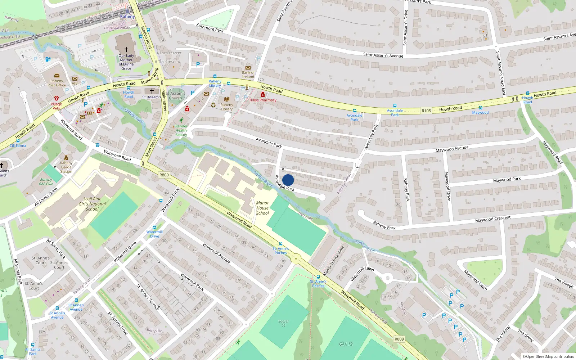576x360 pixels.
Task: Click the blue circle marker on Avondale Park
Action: [288, 180]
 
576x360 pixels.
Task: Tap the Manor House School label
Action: [262, 208]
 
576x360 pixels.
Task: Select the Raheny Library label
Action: [226, 107]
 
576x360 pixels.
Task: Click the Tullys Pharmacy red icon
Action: [263, 95]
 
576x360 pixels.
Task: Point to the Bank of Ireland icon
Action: [248, 68]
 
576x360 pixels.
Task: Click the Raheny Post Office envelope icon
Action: [57, 76]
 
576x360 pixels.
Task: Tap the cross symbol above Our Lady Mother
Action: [126, 50]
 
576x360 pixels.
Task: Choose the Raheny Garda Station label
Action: [66, 167]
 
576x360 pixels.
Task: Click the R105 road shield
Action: [426, 111]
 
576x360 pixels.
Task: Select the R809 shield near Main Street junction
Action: [164, 175]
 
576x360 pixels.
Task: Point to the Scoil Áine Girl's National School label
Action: [92, 204]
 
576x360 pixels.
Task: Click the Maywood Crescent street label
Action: [492, 219]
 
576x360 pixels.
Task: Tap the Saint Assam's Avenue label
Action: [383, 55]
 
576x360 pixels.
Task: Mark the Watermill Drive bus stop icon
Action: [154, 228]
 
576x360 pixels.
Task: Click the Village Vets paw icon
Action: [57, 98]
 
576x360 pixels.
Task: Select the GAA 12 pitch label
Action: [346, 344]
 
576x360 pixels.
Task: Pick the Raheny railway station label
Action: [127, 17]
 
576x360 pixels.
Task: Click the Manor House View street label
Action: [334, 261]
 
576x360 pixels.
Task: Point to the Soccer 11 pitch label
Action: [283, 323]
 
